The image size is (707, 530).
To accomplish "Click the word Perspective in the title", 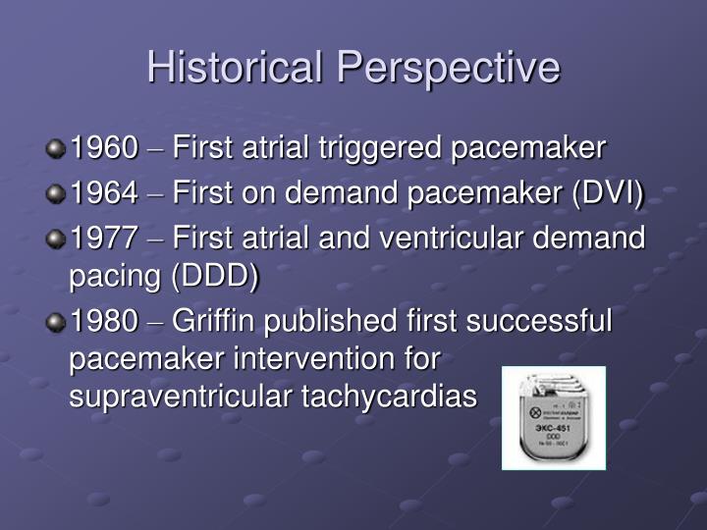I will tap(449, 68).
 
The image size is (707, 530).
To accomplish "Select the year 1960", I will tap(103, 149).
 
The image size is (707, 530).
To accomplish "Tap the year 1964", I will tap(103, 193).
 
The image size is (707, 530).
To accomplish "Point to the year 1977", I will tap(103, 238).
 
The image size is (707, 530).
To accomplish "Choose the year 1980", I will tap(103, 321).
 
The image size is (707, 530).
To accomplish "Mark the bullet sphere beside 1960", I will tap(57, 150).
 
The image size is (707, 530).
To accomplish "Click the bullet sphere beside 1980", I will tap(57, 322).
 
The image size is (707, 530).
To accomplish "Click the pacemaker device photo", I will tap(554, 418).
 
